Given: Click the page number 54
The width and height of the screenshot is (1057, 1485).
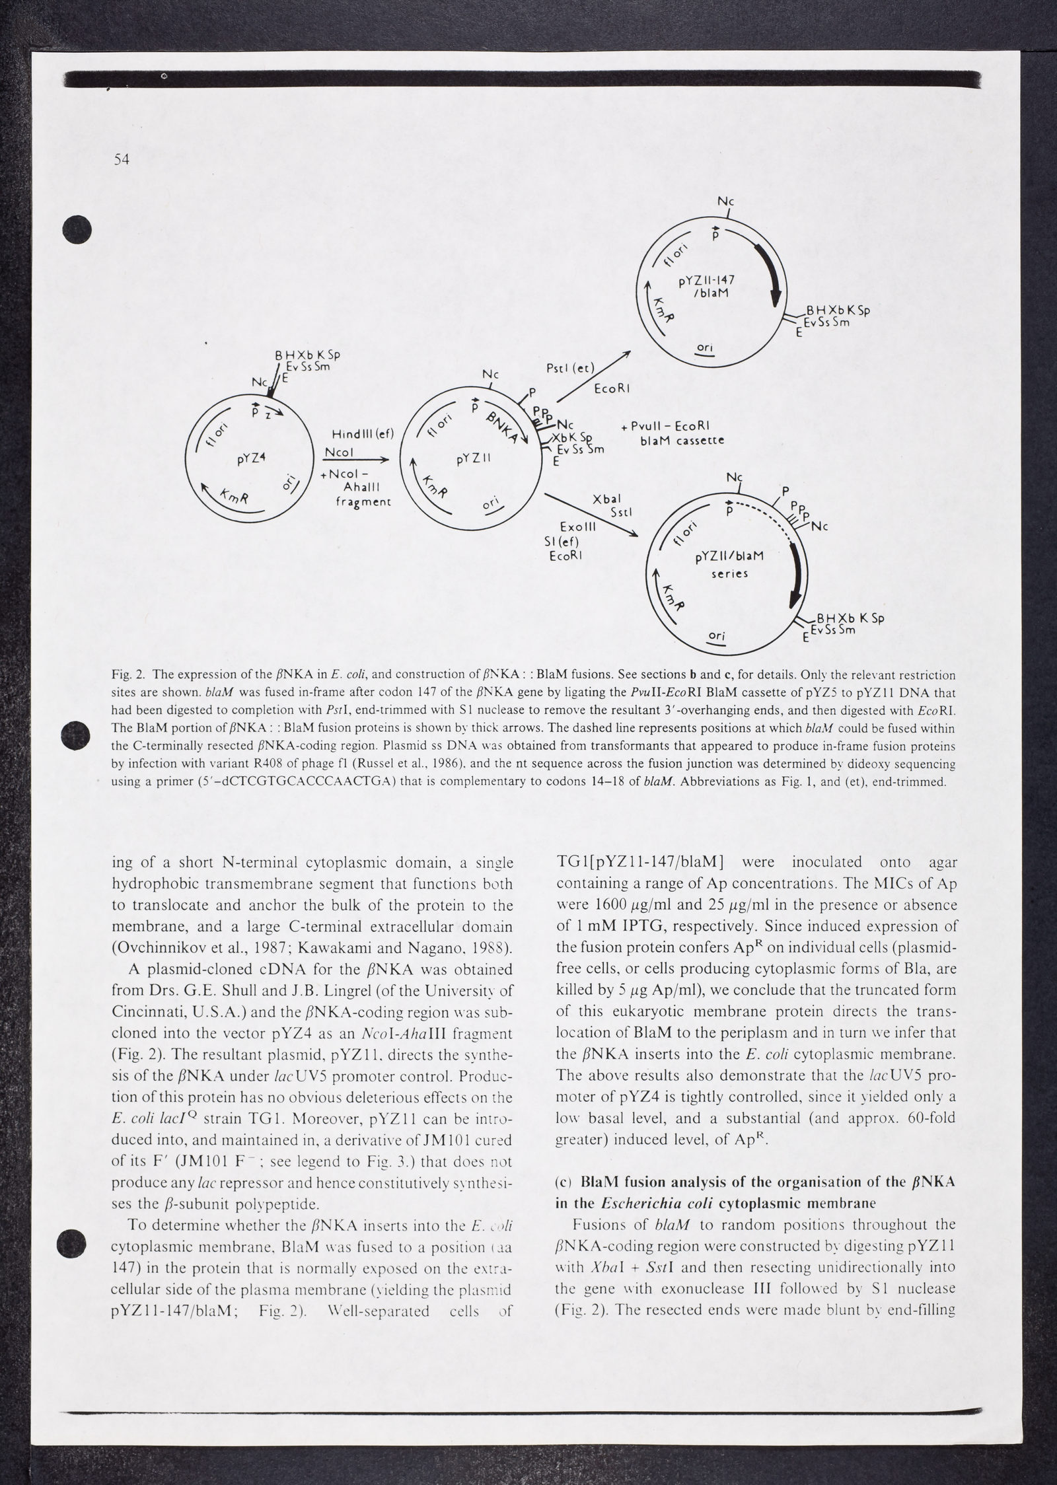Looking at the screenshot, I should pyautogui.click(x=121, y=159).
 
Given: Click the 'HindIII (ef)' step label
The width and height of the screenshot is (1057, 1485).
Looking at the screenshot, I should pyautogui.click(x=362, y=434).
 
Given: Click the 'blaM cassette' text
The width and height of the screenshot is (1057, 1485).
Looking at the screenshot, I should pyautogui.click(x=682, y=440).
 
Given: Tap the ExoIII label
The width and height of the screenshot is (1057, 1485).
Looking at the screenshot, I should pyautogui.click(x=577, y=528).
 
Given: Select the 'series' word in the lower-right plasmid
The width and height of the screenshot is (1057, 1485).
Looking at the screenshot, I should pyautogui.click(x=729, y=573).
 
